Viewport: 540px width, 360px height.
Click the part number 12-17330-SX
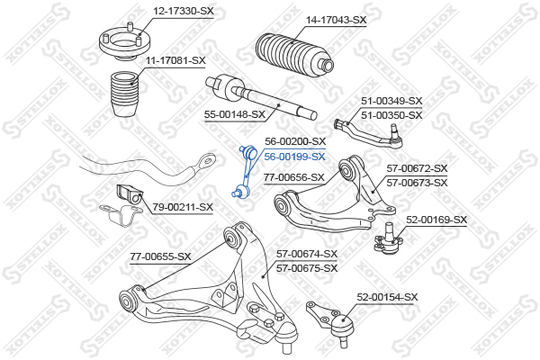click(x=184, y=11)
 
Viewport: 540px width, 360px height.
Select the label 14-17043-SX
click(x=337, y=20)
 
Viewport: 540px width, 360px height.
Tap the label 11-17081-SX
click(x=175, y=60)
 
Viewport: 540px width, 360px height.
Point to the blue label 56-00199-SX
click(x=295, y=157)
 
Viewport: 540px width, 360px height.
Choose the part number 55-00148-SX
click(x=235, y=114)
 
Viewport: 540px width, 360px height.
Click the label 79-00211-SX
click(x=183, y=207)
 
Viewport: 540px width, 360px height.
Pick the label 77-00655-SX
click(x=160, y=256)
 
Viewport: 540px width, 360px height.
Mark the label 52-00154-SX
click(x=387, y=297)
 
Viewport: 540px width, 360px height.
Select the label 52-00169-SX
click(x=436, y=220)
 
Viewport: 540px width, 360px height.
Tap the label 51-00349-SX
click(x=391, y=101)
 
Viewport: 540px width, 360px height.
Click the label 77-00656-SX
click(x=294, y=178)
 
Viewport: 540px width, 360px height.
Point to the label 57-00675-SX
click(x=307, y=268)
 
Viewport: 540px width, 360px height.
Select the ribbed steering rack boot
click(x=294, y=56)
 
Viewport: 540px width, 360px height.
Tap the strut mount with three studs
click(x=125, y=41)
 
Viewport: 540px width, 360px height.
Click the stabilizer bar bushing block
click(x=130, y=194)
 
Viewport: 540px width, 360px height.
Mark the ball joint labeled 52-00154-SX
click(x=331, y=321)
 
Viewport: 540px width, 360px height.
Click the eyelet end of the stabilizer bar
click(x=206, y=160)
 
